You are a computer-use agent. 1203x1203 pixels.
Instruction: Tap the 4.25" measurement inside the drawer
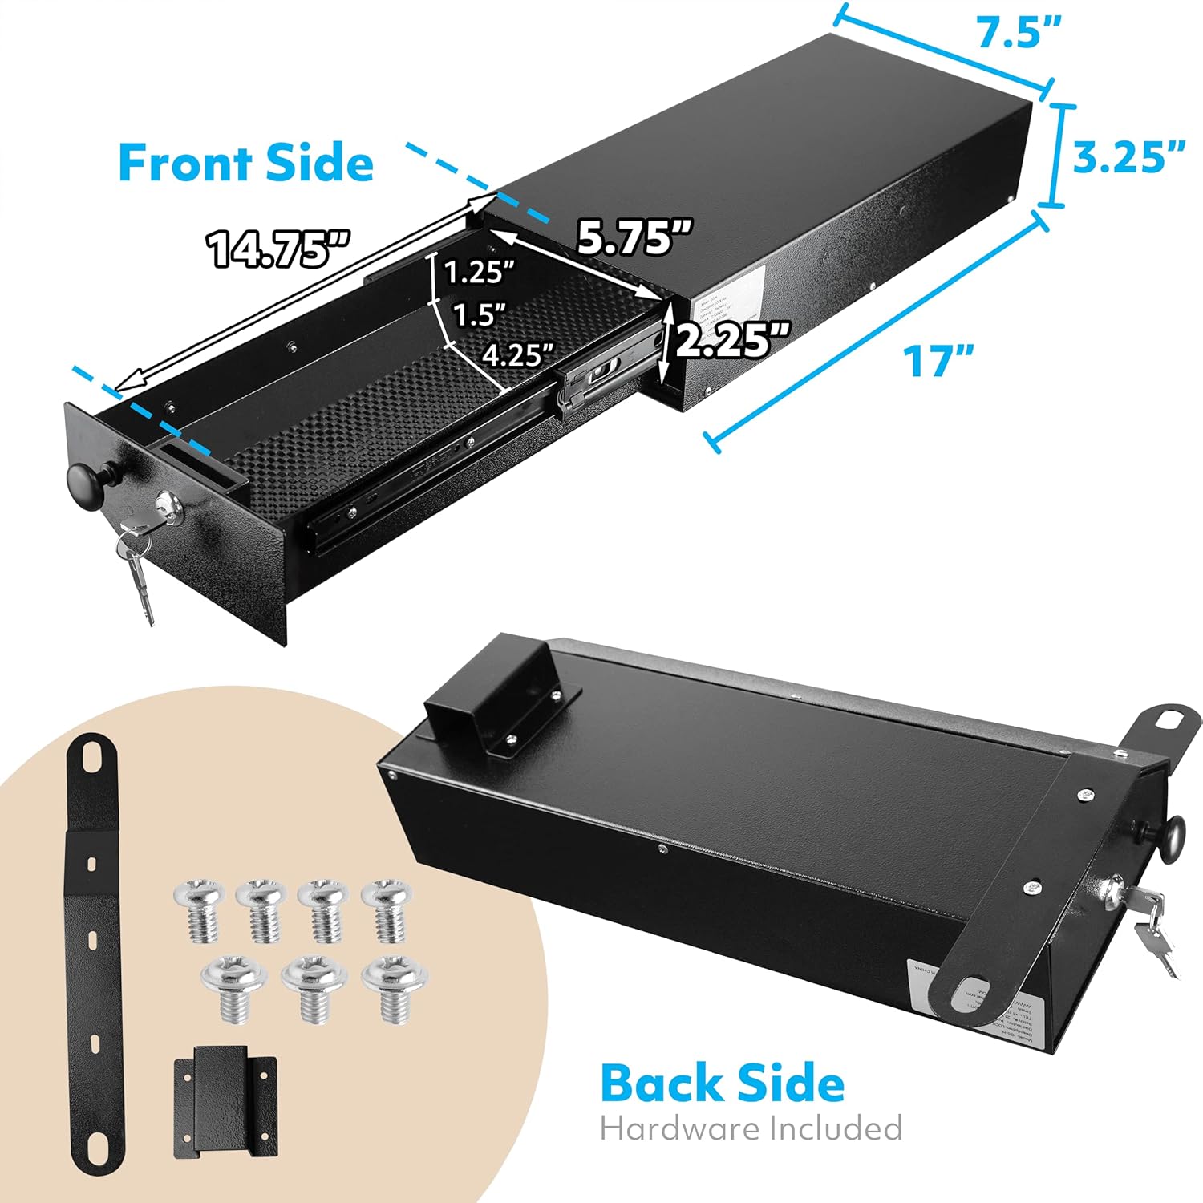pos(517,354)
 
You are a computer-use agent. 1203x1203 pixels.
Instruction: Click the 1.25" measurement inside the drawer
pos(479,273)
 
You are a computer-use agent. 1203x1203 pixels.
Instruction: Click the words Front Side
pos(245,163)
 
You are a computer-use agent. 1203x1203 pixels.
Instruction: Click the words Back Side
pos(722,1083)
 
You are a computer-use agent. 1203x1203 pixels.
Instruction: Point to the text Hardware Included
pos(751,1128)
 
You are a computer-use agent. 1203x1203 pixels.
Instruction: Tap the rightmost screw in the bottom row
pos(393,992)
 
